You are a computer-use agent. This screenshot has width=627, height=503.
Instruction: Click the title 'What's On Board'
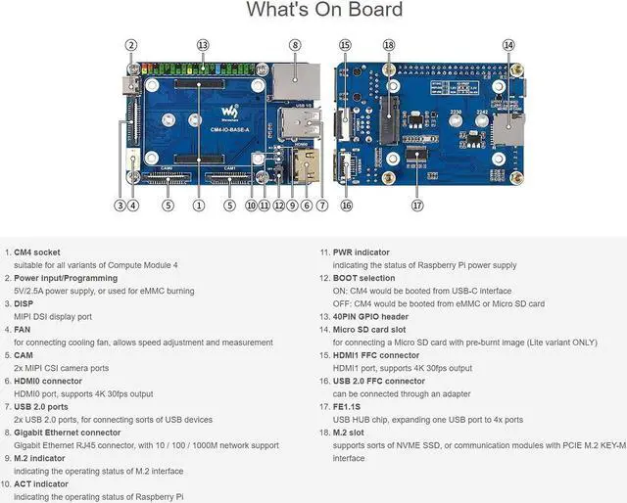(x=323, y=11)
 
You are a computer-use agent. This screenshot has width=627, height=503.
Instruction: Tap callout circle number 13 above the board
(x=202, y=45)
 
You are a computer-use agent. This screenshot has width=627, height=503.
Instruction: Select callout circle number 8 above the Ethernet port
(x=295, y=45)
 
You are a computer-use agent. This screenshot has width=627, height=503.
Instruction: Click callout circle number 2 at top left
(x=131, y=45)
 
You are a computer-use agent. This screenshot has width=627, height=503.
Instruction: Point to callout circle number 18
(x=389, y=45)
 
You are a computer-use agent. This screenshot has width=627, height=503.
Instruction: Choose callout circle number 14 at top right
(x=508, y=45)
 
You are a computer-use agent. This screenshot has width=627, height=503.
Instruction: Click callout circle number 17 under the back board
(x=417, y=206)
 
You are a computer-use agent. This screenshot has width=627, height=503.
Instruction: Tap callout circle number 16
(x=346, y=206)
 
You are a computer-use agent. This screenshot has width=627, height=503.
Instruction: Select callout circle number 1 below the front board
(x=199, y=206)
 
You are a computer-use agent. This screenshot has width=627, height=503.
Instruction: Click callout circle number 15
(x=345, y=45)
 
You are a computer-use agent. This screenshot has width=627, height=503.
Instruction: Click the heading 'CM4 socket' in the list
(x=37, y=252)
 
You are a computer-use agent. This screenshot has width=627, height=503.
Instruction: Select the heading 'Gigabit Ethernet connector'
(x=68, y=432)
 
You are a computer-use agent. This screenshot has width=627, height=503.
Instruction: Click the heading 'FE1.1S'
(x=348, y=406)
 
